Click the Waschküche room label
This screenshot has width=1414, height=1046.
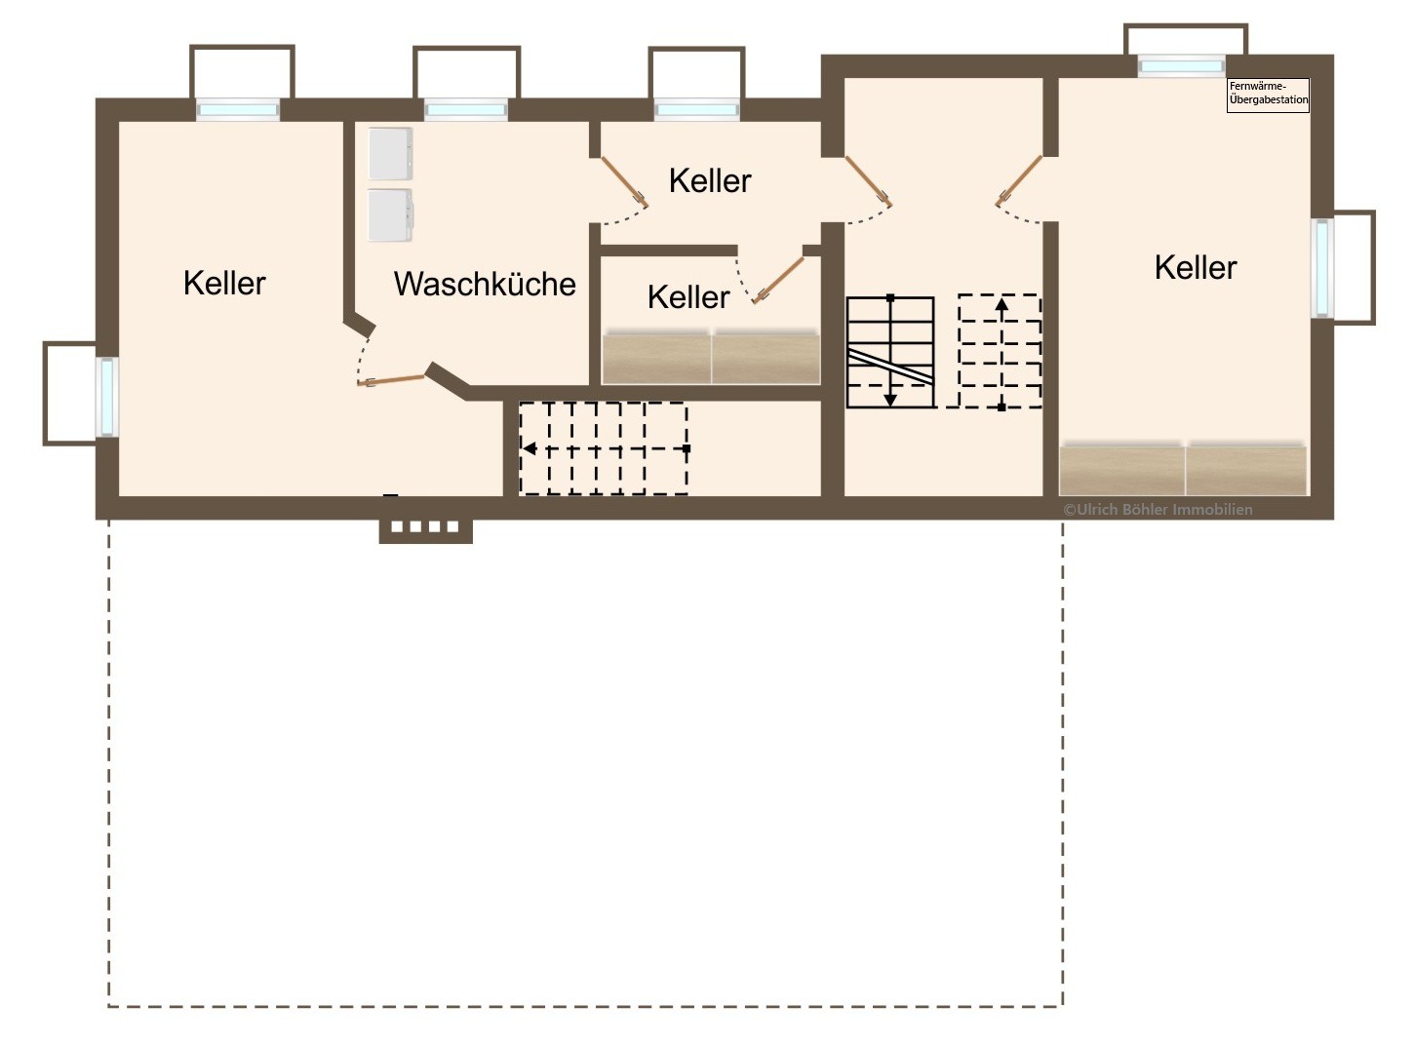(x=485, y=284)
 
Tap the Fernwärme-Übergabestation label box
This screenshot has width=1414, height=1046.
(x=1268, y=96)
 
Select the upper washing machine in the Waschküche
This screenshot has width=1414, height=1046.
(x=390, y=154)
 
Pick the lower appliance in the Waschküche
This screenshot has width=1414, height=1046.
(x=390, y=214)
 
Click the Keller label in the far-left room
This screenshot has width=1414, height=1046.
(x=224, y=283)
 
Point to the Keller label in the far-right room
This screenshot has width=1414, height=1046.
(x=1196, y=268)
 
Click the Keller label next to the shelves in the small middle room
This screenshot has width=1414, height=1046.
(x=688, y=297)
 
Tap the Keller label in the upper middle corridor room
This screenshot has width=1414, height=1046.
(x=710, y=181)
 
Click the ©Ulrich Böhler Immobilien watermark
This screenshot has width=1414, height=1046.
(x=1158, y=509)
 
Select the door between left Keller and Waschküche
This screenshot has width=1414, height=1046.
(x=391, y=380)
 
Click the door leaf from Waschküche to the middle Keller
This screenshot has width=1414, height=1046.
(x=625, y=182)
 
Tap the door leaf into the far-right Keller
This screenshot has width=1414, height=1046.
(x=1019, y=180)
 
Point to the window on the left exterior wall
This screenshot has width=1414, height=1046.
(x=106, y=397)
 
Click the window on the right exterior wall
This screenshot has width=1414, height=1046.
(x=1322, y=268)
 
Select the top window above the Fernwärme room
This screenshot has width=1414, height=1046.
(x=1181, y=66)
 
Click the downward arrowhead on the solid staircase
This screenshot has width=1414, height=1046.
(x=890, y=401)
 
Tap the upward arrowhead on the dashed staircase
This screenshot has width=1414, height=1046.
(x=1002, y=304)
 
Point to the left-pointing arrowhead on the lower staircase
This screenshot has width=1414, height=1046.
(x=530, y=448)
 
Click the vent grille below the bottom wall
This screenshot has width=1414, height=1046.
(x=425, y=527)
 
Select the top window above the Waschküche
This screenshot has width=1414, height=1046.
(x=466, y=110)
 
